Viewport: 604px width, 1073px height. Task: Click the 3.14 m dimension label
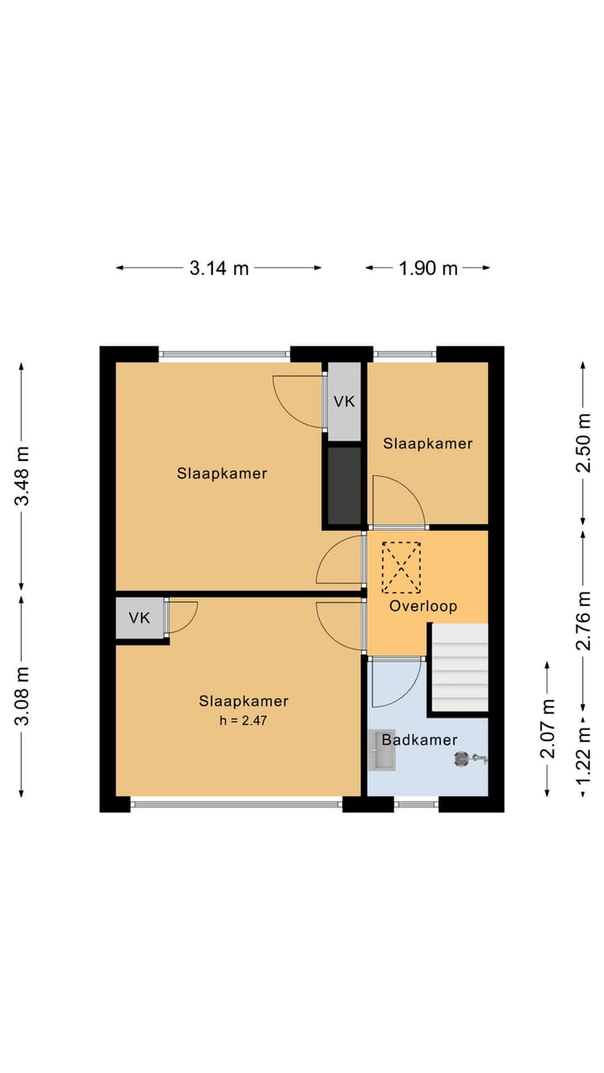219,268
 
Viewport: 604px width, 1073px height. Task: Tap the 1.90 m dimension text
428,268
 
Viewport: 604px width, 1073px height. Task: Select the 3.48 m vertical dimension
22,476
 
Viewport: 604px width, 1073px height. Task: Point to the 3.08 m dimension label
22,696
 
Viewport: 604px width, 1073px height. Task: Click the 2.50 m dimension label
583,443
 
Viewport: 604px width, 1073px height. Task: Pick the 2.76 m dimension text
583,621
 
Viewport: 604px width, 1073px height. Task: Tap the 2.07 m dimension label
548,728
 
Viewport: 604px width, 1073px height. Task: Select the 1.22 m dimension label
583,756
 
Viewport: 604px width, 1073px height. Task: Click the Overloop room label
423,606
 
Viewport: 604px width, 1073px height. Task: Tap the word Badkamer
419,740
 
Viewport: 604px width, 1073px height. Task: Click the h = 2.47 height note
243,720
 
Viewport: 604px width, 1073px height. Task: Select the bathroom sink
382,750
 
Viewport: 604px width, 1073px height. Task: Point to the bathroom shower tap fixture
470,759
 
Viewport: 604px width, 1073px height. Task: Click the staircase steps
461,667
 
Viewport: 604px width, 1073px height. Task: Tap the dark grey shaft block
344,485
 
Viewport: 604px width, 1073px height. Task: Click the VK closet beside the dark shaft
344,402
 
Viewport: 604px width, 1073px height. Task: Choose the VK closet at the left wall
139,618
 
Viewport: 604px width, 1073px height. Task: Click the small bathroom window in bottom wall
416,805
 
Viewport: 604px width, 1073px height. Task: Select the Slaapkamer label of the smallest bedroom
428,443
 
